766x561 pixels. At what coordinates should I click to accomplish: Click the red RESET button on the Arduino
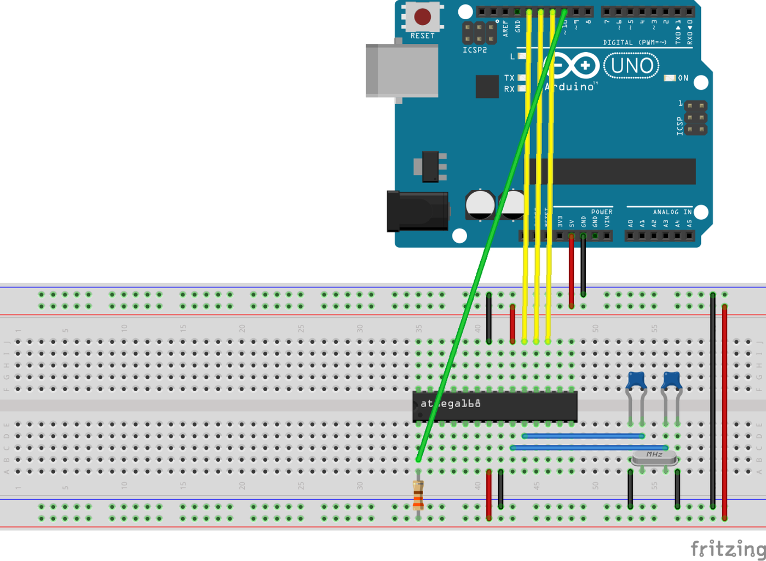(422, 17)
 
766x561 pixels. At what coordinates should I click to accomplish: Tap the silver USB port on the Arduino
(402, 71)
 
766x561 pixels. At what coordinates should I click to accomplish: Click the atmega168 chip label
(451, 404)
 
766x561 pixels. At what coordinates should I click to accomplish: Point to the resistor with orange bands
(418, 495)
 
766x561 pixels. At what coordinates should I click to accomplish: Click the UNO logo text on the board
(631, 66)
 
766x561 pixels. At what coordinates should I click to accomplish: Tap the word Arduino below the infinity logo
(570, 87)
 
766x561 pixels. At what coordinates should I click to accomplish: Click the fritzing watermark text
(727, 548)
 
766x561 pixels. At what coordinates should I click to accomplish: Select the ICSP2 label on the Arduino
(475, 50)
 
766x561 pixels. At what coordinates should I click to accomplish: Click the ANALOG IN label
(672, 212)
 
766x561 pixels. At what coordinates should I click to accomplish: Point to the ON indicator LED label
(683, 78)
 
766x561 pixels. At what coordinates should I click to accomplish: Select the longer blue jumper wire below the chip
(589, 448)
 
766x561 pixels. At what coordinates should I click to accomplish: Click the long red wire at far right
(724, 411)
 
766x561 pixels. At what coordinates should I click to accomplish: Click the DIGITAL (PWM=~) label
(635, 42)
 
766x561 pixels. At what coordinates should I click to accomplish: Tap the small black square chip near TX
(487, 87)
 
